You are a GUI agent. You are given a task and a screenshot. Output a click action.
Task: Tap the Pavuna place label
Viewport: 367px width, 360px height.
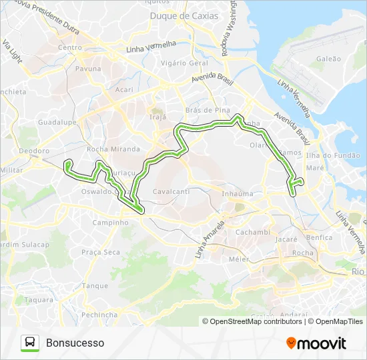point(88,69)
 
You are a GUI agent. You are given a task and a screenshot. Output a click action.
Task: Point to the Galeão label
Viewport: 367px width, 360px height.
point(328,59)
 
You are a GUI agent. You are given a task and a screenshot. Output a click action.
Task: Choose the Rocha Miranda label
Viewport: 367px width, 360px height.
point(113,149)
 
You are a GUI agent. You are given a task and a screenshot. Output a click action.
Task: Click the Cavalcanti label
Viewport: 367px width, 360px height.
point(171,191)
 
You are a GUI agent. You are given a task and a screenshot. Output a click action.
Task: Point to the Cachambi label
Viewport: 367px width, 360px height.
point(252,232)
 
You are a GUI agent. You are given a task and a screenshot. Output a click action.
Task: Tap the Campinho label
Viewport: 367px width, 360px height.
point(109,223)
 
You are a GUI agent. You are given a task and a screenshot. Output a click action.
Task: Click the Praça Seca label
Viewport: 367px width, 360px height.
point(101,252)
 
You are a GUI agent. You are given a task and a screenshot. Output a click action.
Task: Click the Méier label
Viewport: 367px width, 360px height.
point(238,259)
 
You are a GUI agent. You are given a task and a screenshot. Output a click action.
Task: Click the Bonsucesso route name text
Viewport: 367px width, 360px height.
point(75,343)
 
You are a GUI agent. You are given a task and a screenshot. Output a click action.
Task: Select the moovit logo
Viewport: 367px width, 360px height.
point(316,343)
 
